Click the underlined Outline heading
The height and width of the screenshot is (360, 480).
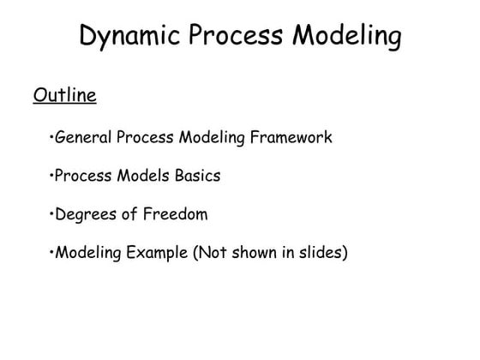(x=64, y=93)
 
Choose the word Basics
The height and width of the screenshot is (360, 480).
(x=195, y=176)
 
